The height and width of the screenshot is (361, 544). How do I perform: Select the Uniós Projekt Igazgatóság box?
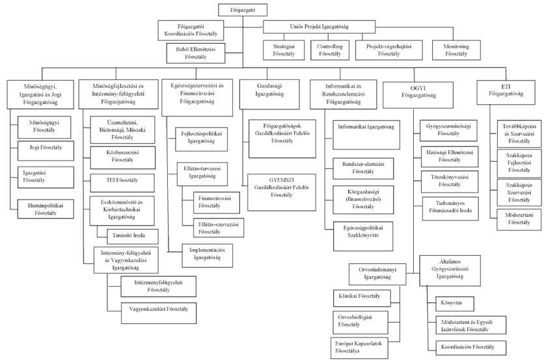pos(319,27)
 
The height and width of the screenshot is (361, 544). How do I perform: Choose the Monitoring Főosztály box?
pos(456,50)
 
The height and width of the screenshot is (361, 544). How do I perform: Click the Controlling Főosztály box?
pos(330,50)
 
